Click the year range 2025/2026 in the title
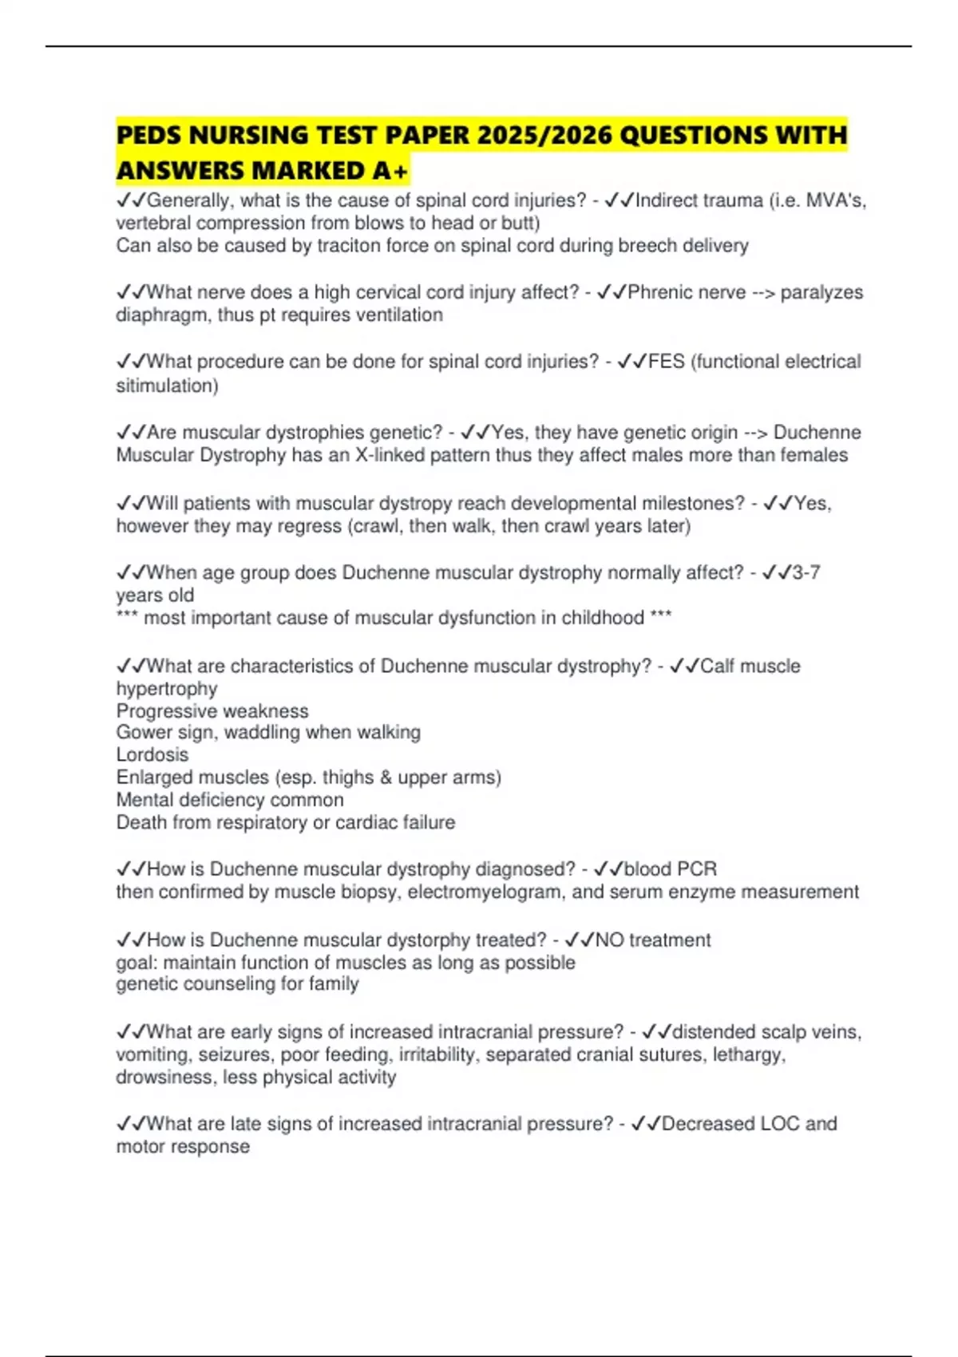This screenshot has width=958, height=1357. pyautogui.click(x=544, y=135)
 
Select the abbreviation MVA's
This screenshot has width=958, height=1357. pyautogui.click(x=836, y=200)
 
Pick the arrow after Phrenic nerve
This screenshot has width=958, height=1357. pyautogui.click(x=763, y=292)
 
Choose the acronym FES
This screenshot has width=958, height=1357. pyautogui.click(x=667, y=362)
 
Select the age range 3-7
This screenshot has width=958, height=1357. pyautogui.click(x=806, y=573)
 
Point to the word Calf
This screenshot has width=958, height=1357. pyautogui.click(x=717, y=667)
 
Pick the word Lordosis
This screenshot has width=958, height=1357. pyautogui.click(x=152, y=755)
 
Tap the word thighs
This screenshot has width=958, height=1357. pyautogui.click(x=348, y=777)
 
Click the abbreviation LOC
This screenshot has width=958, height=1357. pyautogui.click(x=779, y=1124)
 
